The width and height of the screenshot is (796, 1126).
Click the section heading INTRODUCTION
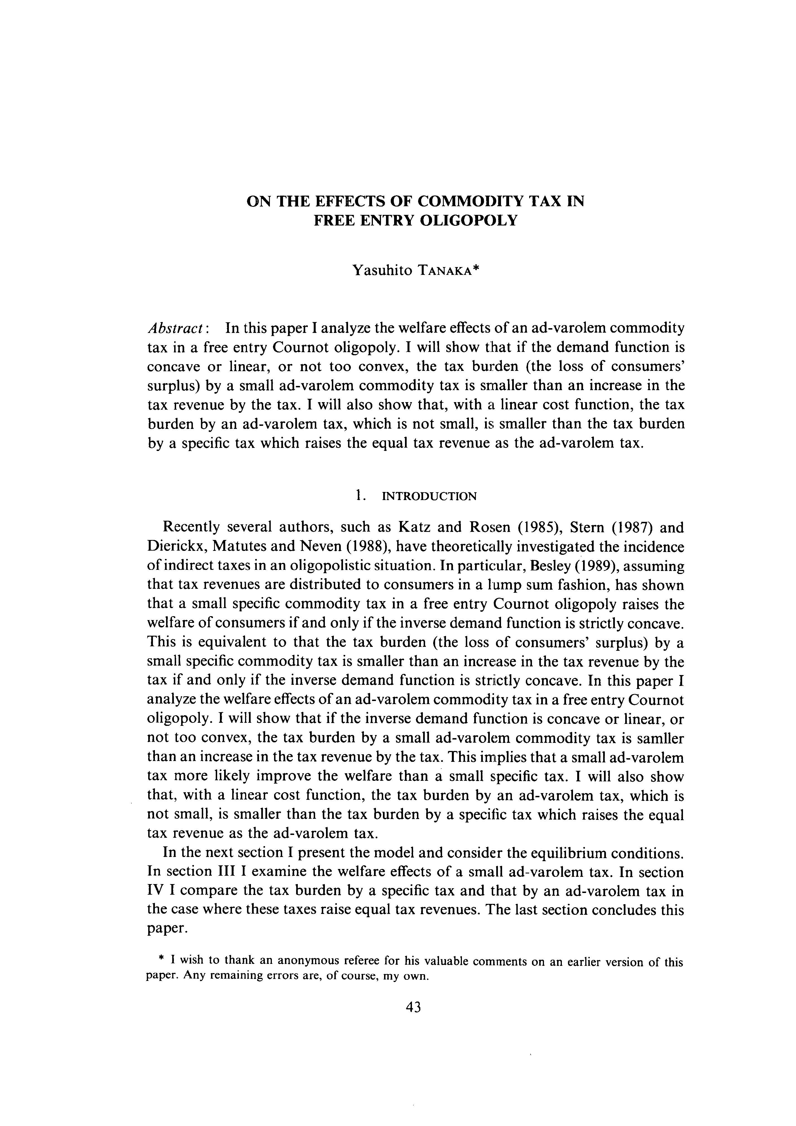click(x=429, y=496)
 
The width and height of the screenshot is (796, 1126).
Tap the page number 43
click(x=413, y=1007)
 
